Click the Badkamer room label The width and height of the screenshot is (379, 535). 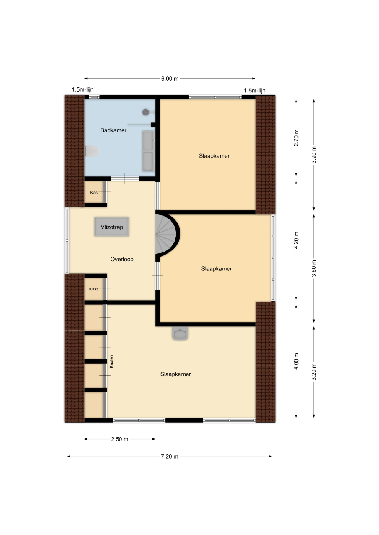pos(113,130)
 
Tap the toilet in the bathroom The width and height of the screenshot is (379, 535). pos(92,151)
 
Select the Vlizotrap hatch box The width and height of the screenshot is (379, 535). pos(112,227)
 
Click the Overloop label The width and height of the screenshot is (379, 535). pos(122,259)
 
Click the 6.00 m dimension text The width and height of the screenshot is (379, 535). pos(170,79)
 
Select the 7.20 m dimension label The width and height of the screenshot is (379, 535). pos(170,456)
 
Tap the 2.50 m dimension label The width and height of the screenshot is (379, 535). pos(120,439)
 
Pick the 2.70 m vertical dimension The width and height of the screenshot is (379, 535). pos(296,138)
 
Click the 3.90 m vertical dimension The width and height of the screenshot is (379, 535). pos(314,155)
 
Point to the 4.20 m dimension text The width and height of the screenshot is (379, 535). pos(296,240)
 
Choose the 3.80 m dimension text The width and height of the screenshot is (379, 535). pos(314,268)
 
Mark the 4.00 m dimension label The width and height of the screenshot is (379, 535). pos(296,361)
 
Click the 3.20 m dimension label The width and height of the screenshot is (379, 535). pos(314,372)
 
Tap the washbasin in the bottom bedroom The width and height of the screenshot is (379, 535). pos(180,333)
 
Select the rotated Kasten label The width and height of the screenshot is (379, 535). pos(111,361)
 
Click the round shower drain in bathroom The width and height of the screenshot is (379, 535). pos(146,112)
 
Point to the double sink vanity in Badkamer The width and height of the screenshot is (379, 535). pos(148,151)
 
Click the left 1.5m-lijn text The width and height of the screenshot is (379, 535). pos(83,89)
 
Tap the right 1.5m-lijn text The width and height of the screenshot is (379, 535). pos(255,91)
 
